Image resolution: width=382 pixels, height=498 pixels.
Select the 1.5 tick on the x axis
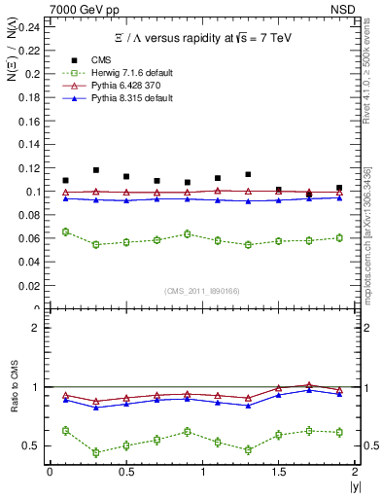pos(278,472)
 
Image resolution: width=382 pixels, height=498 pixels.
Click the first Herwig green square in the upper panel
pos(65,231)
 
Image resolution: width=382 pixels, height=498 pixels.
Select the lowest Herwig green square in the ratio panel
pos(95,452)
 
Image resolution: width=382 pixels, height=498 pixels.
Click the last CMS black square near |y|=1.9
pos(339,188)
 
